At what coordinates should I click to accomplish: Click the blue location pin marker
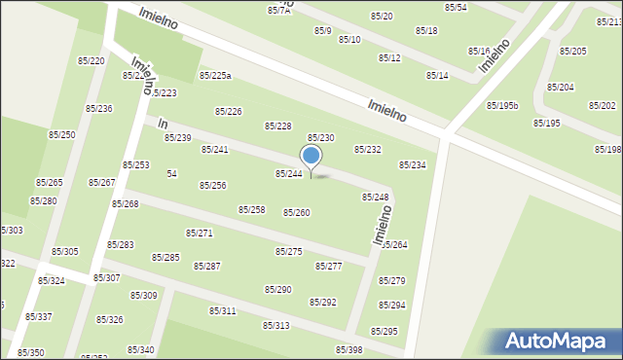311,159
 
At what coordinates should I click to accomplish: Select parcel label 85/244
288,173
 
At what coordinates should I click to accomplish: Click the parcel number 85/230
321,138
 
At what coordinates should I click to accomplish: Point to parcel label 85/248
376,197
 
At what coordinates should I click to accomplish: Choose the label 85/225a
215,75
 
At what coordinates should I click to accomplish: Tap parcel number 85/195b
502,105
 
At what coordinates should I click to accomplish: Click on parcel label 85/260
296,212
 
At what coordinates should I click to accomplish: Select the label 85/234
412,165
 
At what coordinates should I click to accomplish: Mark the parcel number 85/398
348,350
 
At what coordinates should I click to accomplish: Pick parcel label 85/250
62,134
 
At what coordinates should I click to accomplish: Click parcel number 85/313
275,325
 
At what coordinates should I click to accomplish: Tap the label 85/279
391,281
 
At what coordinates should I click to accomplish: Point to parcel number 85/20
382,17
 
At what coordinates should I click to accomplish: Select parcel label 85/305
65,252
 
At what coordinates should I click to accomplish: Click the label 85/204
560,87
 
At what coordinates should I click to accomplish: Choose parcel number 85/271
199,233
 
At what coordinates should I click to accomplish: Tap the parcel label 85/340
140,349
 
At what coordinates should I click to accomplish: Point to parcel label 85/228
278,126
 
